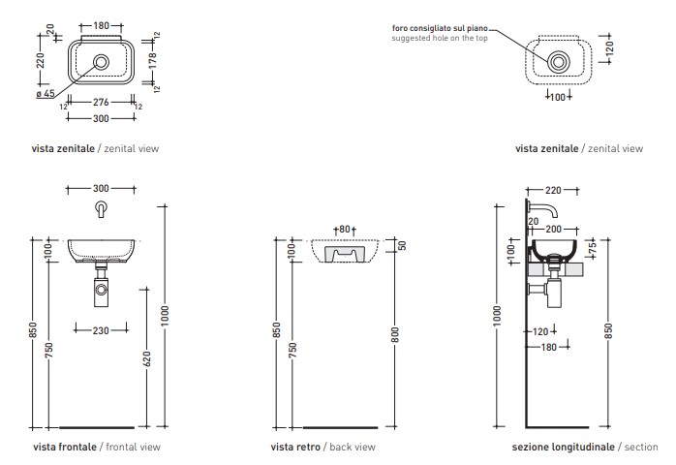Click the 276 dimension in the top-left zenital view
pos(101,101)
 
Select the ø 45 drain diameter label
pos(46,94)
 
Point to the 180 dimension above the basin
pos(101,25)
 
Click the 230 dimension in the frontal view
pos(100,330)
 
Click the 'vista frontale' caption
pos(65,447)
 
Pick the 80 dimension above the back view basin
pos(343,229)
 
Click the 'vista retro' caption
pos(297,447)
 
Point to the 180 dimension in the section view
pos(549,346)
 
